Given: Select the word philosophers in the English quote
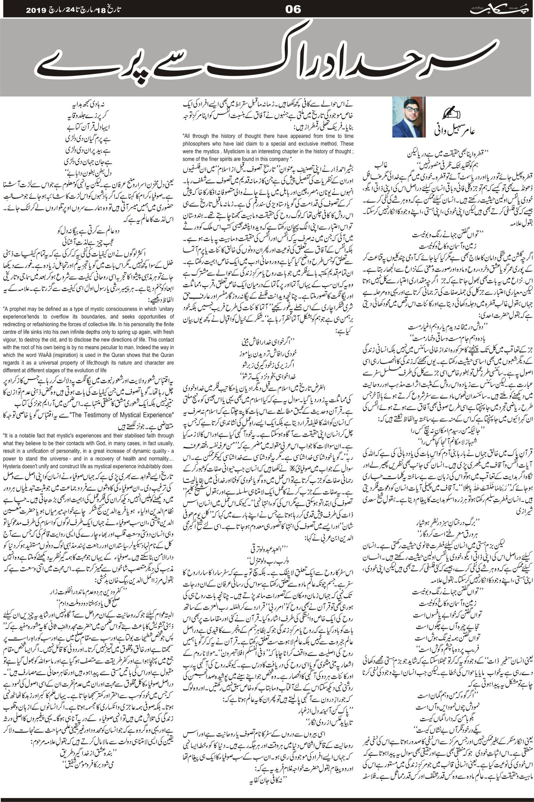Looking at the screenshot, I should tap(197, 144).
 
